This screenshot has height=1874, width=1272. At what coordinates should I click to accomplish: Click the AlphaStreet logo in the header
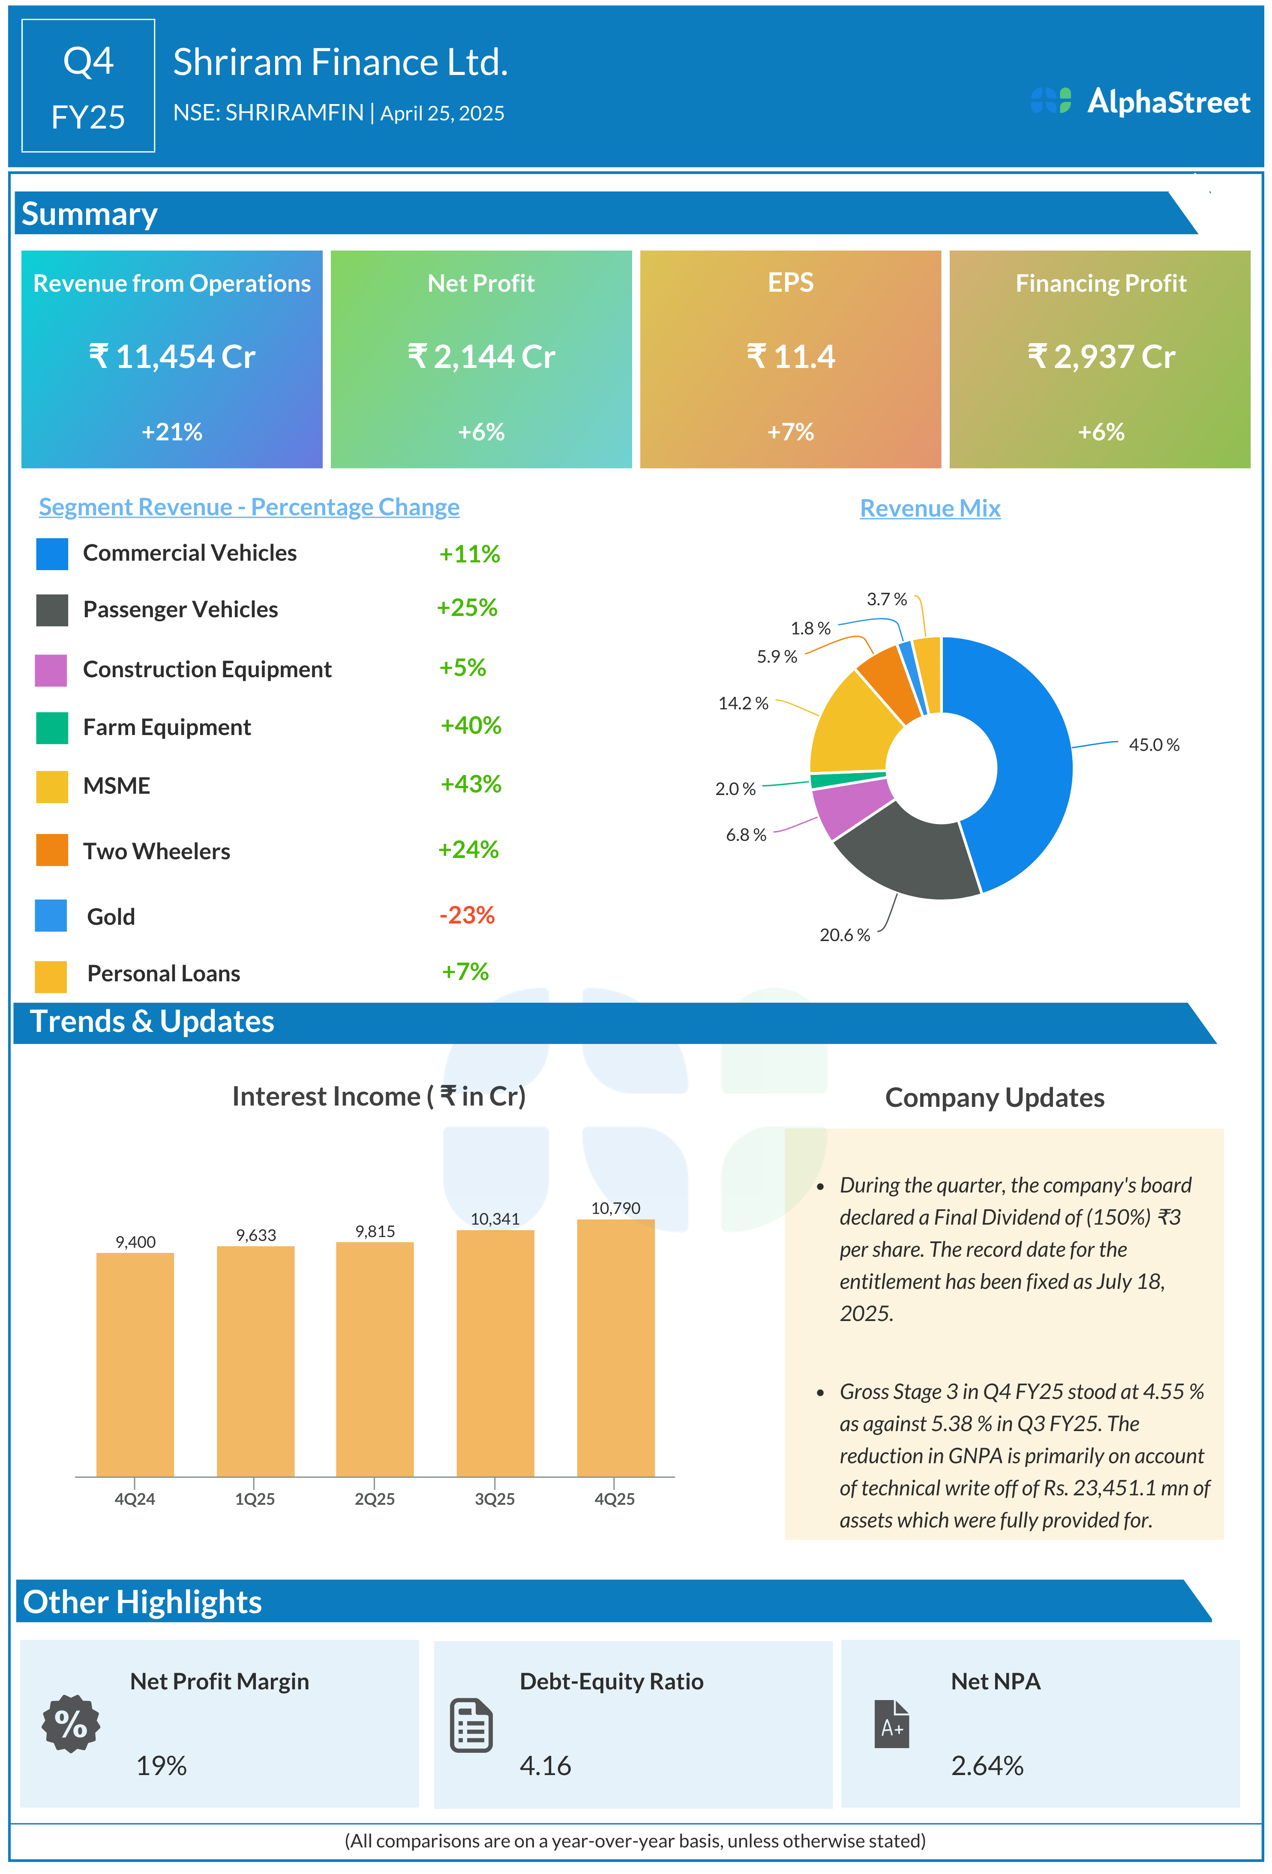point(1140,102)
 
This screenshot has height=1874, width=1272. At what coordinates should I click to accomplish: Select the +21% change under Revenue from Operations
point(172,432)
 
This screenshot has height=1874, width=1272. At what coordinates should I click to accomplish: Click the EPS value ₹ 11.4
point(790,356)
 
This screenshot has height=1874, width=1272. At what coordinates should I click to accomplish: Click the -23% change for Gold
point(466,915)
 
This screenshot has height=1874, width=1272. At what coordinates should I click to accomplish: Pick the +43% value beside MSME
point(470,784)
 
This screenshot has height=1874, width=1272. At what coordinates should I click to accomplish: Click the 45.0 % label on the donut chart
point(1153,745)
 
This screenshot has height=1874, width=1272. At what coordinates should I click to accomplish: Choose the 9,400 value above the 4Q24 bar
point(135,1242)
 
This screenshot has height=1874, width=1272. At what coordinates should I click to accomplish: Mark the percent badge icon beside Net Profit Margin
point(71,1723)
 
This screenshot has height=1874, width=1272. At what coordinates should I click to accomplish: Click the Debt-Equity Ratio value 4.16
point(545,1766)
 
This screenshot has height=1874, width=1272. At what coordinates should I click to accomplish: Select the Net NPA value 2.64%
point(987,1766)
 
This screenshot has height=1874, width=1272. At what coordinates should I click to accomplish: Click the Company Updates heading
point(995,1097)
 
